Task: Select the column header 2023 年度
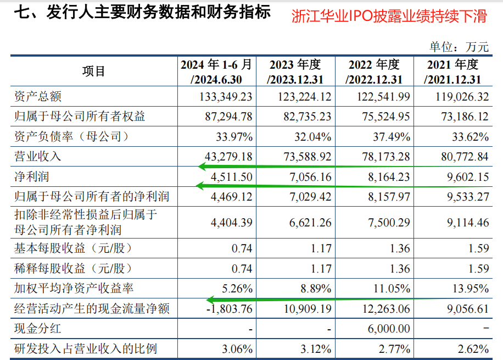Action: coord(295,72)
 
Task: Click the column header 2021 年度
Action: coord(453,72)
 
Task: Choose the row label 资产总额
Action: coord(38,97)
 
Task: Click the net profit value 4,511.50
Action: coord(231,176)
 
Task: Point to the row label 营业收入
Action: coord(38,157)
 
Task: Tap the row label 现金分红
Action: coord(38,329)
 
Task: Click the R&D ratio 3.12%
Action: coord(316,348)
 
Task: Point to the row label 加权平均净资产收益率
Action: coord(74,289)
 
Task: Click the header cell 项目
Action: coord(93,71)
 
